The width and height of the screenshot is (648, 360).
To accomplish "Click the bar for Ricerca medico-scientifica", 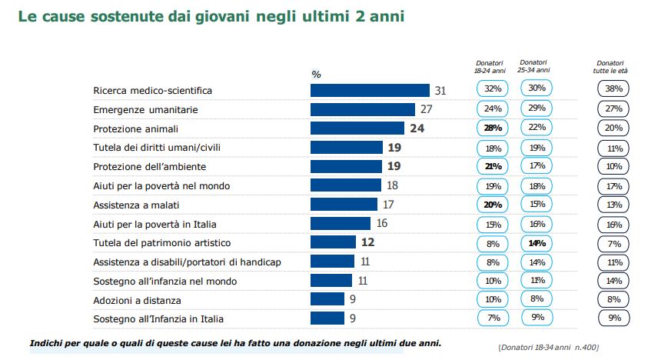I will click(x=369, y=90).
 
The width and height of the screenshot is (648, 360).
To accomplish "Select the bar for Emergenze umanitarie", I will click(x=362, y=109).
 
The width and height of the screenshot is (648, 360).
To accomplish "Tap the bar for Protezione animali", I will click(x=357, y=128).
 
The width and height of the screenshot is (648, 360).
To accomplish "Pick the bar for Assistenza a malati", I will click(x=344, y=204).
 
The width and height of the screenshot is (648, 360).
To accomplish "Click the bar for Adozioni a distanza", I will click(x=327, y=299).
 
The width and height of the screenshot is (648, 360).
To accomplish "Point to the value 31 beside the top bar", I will click(x=440, y=90).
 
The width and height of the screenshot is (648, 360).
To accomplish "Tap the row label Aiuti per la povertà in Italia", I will click(x=155, y=224).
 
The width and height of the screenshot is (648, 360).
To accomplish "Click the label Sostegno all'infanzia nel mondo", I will click(x=164, y=281).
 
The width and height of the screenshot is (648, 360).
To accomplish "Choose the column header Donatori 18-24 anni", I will click(x=489, y=66).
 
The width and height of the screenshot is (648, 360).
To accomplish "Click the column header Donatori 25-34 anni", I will click(x=533, y=66).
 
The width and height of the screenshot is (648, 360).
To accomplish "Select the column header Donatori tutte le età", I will click(x=612, y=66).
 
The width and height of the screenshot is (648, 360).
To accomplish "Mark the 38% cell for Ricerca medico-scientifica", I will click(x=613, y=89).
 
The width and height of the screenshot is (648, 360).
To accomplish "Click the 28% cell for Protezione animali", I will click(x=493, y=128).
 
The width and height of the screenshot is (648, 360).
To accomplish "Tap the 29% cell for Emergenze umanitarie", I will click(x=537, y=108).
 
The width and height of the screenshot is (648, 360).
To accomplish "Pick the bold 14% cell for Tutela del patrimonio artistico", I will click(x=537, y=242).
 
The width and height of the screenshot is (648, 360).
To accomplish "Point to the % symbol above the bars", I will click(x=316, y=75).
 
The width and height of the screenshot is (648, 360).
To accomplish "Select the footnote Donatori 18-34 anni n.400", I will click(x=548, y=348).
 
